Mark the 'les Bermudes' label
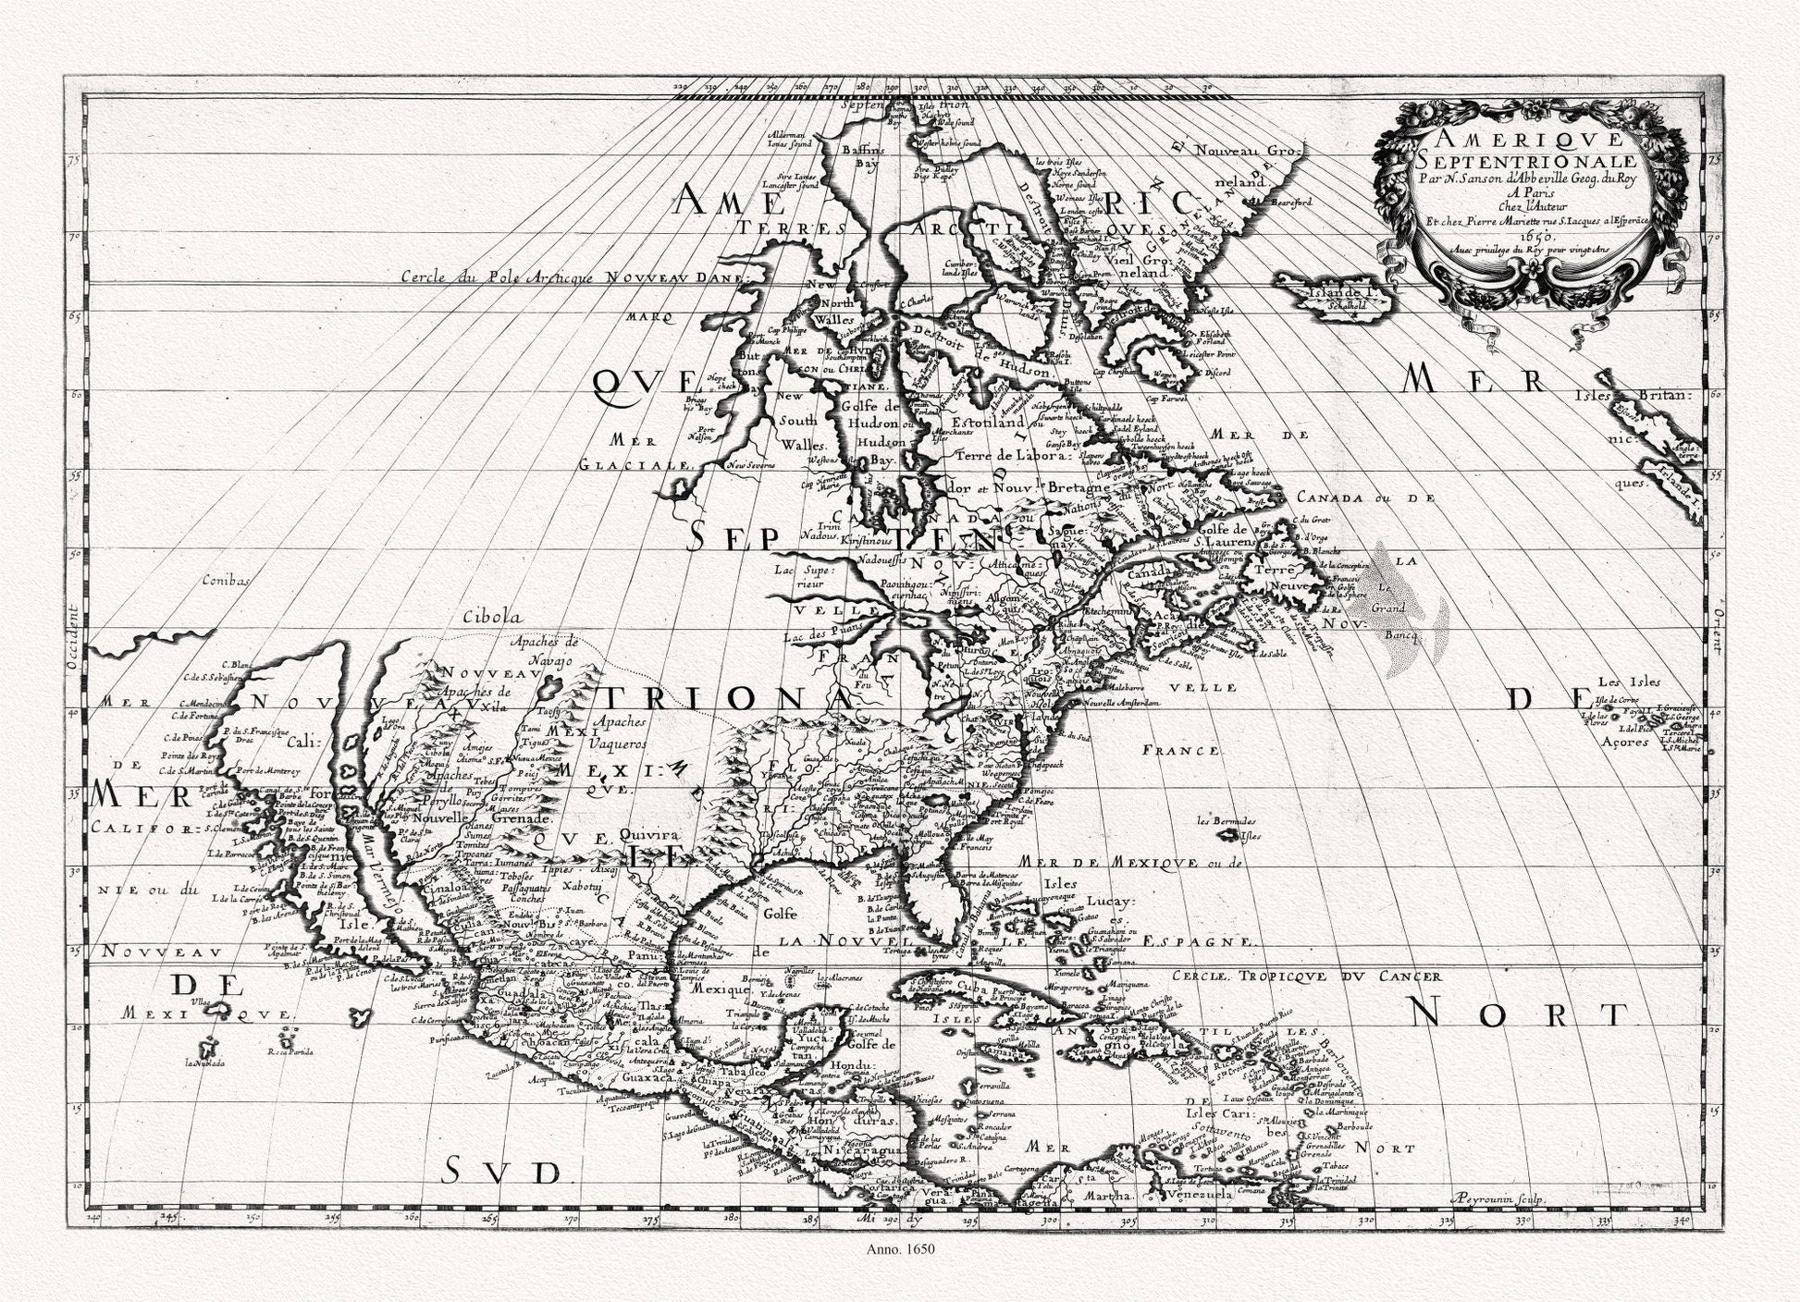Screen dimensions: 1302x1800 coord(1227,820)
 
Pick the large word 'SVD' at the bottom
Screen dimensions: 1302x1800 coord(500,1173)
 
